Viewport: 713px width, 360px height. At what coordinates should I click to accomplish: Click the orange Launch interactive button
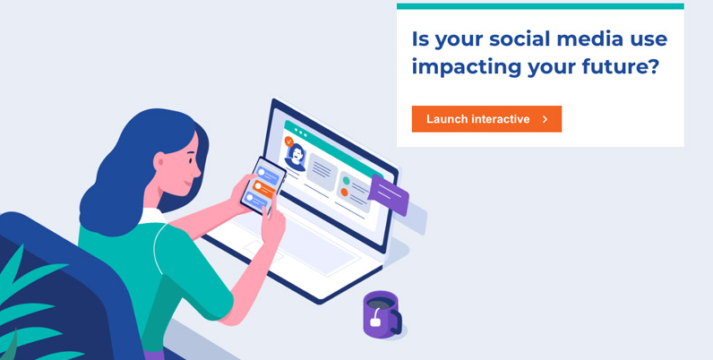point(486,119)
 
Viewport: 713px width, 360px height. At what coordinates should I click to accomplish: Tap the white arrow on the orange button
point(545,119)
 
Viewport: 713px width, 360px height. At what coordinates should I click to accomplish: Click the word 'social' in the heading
point(516,39)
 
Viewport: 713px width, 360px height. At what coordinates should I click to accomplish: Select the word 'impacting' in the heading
point(467,68)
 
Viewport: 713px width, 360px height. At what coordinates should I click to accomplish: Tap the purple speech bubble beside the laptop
point(389,194)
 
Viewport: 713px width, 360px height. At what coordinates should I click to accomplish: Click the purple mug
point(382,314)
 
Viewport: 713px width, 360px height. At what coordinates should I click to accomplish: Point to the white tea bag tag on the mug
point(375,321)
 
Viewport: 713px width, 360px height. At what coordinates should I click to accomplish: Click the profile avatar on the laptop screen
point(296,158)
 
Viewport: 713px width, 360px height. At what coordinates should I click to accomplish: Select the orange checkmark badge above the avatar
point(288,141)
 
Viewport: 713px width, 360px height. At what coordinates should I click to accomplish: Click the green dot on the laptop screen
point(346,181)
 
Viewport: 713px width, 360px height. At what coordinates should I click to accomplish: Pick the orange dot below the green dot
point(344,193)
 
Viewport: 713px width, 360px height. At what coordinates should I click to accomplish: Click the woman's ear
point(159,161)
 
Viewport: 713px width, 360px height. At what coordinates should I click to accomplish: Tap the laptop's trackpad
point(263,253)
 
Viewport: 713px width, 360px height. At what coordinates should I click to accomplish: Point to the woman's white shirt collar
point(152,217)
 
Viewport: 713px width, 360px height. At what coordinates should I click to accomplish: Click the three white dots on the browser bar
point(301,132)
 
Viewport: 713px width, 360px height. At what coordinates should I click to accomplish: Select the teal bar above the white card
point(540,6)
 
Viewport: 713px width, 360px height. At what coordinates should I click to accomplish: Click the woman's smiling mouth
point(188,183)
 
